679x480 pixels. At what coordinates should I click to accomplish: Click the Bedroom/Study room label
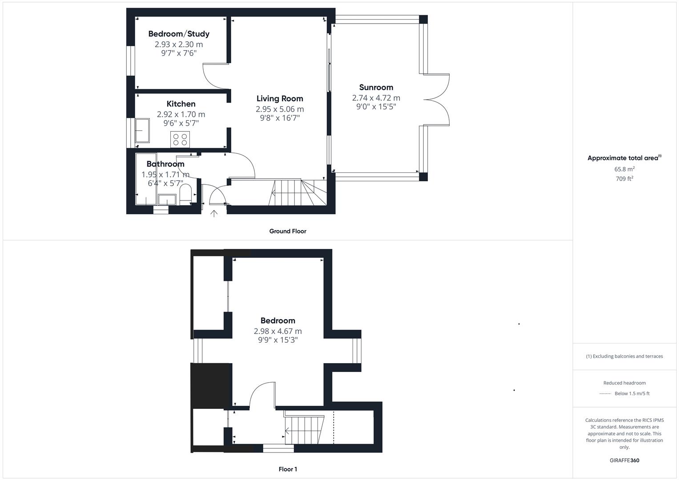pos(179,34)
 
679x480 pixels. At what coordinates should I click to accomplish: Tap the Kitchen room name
pos(181,104)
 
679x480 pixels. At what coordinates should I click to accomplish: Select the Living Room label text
pos(280,99)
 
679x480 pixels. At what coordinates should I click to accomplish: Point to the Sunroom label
pos(376,88)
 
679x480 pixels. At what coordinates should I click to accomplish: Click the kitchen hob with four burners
pos(180,140)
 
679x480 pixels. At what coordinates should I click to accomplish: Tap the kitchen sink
pos(142,130)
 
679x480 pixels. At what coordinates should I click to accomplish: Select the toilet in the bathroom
pos(185,194)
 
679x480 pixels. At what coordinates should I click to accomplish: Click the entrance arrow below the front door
pos(214,214)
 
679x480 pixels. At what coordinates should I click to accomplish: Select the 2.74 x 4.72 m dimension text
pos(376,98)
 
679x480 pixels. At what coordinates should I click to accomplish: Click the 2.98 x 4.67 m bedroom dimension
pos(277,331)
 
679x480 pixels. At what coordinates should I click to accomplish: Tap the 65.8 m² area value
pos(624,169)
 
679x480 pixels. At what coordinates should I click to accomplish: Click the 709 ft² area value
pos(624,179)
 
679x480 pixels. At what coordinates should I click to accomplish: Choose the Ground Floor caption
pos(288,231)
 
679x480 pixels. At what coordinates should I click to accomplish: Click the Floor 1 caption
pos(288,469)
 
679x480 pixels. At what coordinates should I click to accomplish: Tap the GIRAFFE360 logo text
pos(624,460)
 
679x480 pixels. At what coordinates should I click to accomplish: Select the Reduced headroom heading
pos(624,383)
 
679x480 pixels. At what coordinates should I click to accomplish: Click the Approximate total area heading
pos(623,158)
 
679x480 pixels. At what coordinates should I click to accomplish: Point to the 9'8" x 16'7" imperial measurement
pos(280,118)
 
